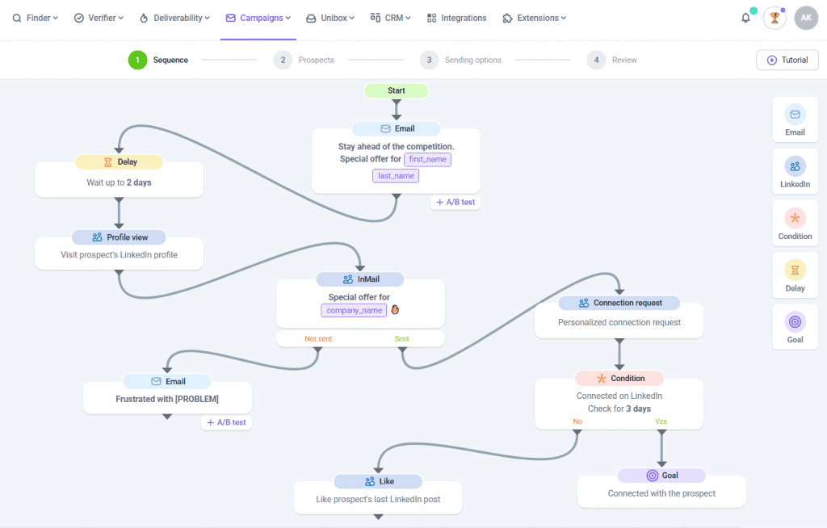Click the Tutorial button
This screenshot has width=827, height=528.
tap(787, 60)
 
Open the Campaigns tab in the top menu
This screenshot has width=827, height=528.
tap(258, 18)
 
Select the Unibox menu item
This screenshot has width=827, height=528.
tap(330, 18)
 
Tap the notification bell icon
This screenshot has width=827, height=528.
tap(745, 18)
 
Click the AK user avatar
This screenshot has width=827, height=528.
tap(805, 18)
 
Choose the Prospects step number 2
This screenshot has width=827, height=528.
tap(283, 60)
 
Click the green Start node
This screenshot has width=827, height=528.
tap(396, 90)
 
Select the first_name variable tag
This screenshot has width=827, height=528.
tap(428, 159)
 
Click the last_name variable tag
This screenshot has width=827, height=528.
tap(396, 176)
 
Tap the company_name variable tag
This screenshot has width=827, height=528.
tap(354, 310)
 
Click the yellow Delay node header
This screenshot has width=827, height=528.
tap(119, 162)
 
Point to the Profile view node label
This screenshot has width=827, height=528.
tap(119, 237)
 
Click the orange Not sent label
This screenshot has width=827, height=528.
tap(318, 339)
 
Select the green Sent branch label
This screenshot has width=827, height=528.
tap(401, 339)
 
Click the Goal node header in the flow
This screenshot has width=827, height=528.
tap(661, 476)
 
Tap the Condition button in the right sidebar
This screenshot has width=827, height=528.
tap(795, 224)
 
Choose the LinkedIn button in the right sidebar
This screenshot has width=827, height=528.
tap(795, 172)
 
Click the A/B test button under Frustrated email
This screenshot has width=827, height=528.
tap(226, 422)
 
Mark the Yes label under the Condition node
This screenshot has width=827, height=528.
tap(661, 421)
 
